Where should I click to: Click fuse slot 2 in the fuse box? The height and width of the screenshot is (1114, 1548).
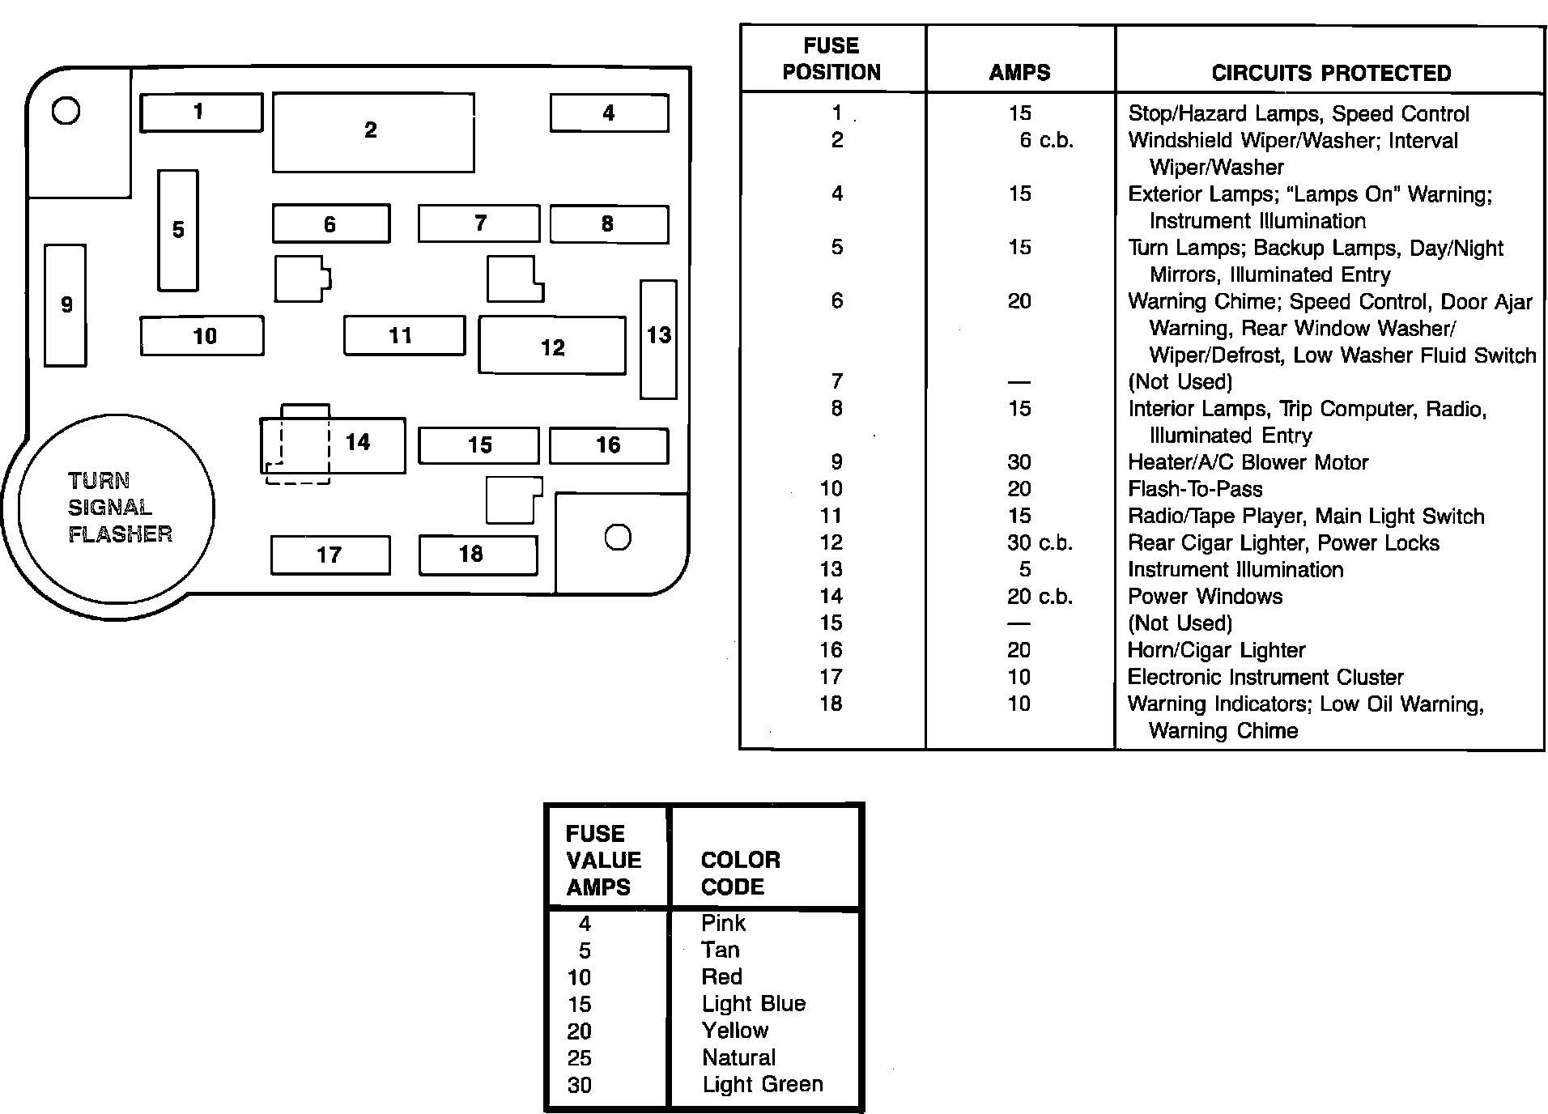click(x=372, y=132)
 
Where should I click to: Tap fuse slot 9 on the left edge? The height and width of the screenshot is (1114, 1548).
click(x=66, y=305)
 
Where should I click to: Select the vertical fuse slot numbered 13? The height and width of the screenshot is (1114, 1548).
click(x=658, y=338)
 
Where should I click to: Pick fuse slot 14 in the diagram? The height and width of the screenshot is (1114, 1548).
click(x=356, y=444)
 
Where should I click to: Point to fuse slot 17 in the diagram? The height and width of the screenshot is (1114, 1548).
click(x=330, y=555)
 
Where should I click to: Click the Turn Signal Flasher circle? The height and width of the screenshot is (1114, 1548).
click(x=117, y=508)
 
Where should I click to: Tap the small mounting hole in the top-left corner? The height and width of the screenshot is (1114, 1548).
click(x=66, y=110)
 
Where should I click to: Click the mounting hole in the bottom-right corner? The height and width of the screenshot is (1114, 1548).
click(x=618, y=538)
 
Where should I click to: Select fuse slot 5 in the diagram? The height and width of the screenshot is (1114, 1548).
click(x=178, y=230)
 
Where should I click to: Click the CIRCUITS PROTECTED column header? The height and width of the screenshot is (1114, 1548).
click(x=1331, y=73)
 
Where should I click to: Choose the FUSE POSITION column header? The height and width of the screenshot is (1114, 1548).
click(x=831, y=59)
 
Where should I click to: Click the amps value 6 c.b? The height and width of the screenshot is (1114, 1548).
click(x=1045, y=141)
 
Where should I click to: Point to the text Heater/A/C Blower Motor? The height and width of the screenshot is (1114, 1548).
click(x=1248, y=462)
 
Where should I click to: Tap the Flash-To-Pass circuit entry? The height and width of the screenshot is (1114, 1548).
click(x=1195, y=489)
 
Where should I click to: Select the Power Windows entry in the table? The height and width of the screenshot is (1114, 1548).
click(x=1205, y=597)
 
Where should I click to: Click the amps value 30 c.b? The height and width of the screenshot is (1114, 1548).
click(x=1040, y=542)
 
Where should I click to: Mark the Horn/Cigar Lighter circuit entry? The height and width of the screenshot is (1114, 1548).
click(x=1216, y=650)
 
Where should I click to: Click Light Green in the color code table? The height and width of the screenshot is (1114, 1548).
click(x=762, y=1085)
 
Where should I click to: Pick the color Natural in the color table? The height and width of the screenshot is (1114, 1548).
click(x=738, y=1057)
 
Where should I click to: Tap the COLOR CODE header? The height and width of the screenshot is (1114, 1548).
click(x=740, y=873)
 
